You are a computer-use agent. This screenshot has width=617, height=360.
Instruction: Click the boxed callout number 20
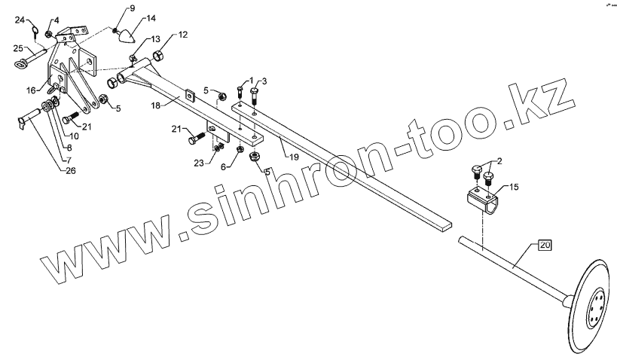pyautogui.click(x=544, y=245)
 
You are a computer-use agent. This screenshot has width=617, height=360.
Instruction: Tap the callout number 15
pyautogui.click(x=514, y=185)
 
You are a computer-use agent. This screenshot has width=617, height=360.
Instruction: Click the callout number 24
pyautogui.click(x=20, y=19)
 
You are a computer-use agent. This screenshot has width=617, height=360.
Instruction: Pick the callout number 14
pyautogui.click(x=151, y=17)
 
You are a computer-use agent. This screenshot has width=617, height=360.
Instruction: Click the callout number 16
pyautogui.click(x=32, y=89)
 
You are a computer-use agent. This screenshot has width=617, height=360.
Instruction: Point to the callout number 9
pyautogui.click(x=132, y=8)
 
